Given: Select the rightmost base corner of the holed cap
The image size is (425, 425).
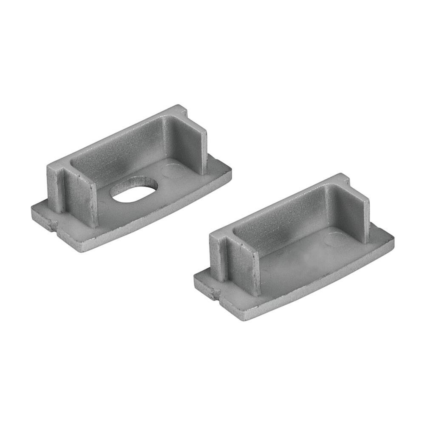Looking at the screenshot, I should point(232,170).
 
